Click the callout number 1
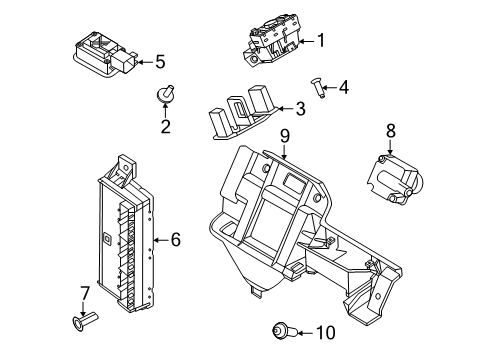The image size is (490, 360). [x=321, y=41]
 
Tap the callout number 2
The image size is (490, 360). [x=166, y=126]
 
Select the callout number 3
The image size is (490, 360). [x=299, y=109]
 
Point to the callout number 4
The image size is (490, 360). [x=343, y=87]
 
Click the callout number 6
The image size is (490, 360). [x=175, y=239]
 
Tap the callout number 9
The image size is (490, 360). [x=284, y=135]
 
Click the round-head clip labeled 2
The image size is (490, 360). [x=165, y=96]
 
